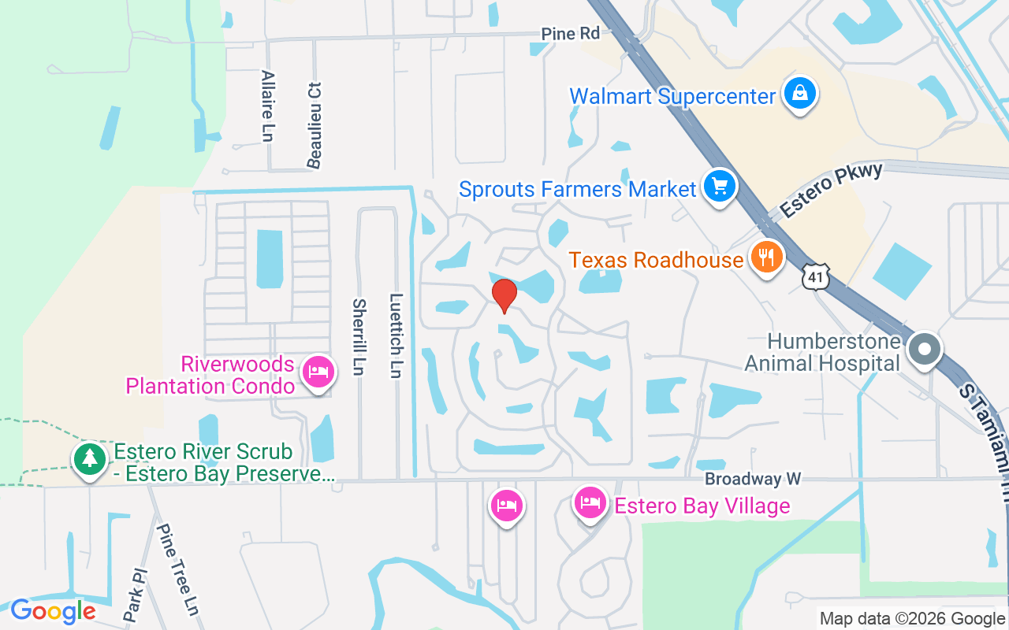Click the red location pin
coord(504,295)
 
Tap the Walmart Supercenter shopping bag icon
coord(800,94)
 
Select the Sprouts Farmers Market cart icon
coord(720,187)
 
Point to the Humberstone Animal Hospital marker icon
coord(925,349)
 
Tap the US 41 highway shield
coord(814,276)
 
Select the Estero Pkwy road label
coord(831,190)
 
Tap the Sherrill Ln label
coord(359,336)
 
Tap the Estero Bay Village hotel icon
coord(590,501)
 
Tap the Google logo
coord(53,611)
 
